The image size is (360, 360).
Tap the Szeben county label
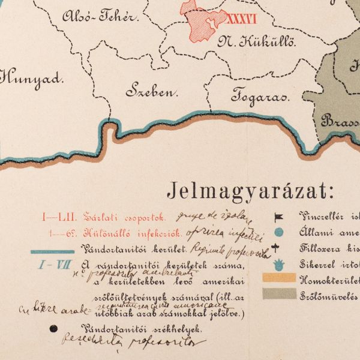[153, 92]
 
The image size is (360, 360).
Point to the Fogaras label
[260, 96]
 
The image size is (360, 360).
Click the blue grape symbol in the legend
[279, 263]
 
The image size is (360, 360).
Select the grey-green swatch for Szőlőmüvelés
[279, 293]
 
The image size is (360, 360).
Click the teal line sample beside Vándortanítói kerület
[53, 252]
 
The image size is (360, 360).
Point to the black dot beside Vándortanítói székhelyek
[55, 328]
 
